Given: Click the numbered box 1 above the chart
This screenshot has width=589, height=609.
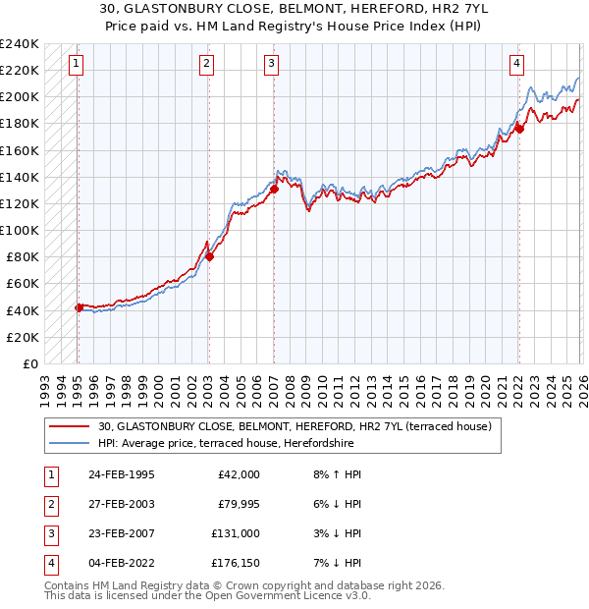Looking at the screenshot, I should click(x=77, y=65).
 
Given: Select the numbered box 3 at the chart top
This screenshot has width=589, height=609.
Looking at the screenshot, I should click(x=272, y=65).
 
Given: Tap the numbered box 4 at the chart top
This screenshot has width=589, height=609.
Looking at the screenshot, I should click(x=516, y=65).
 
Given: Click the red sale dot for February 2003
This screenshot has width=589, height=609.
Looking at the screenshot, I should click(x=209, y=257).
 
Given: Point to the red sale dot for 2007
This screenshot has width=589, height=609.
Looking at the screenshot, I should click(x=274, y=190).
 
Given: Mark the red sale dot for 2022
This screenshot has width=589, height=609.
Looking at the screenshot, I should click(x=519, y=128).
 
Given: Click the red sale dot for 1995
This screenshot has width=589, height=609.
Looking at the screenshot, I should click(x=79, y=307).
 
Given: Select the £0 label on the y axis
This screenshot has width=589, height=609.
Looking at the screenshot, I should click(x=30, y=363).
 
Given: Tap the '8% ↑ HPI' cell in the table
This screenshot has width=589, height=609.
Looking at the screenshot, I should click(x=336, y=474).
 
